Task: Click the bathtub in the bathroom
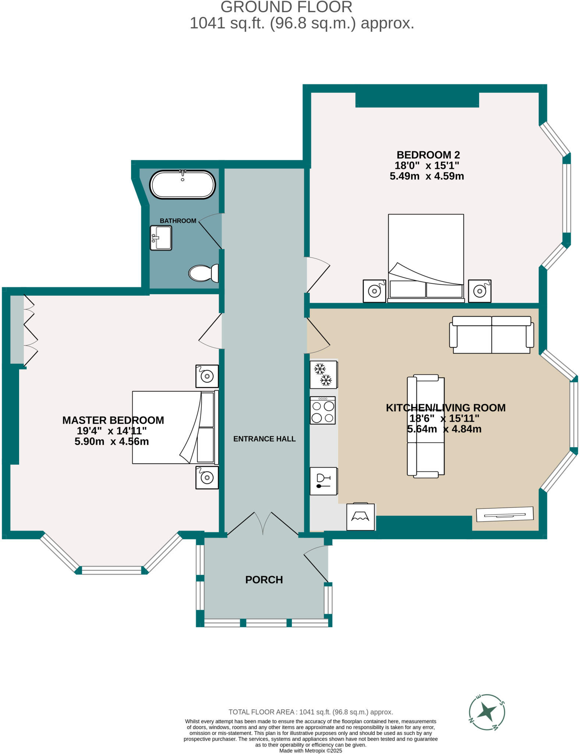183,184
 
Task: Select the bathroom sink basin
161,238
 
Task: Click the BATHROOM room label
178,221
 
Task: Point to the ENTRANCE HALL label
264,439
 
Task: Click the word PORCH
264,580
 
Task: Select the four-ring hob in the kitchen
323,411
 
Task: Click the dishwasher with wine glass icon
323,481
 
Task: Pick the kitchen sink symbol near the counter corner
360,517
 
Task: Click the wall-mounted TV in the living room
505,514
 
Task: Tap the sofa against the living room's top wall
491,334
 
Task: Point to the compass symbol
487,712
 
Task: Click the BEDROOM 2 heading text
428,155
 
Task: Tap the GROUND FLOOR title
286,7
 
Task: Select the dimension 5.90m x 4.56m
112,441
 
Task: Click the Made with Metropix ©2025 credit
311,751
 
